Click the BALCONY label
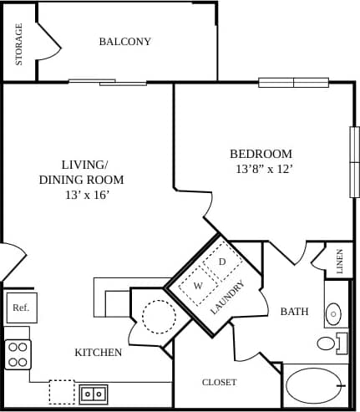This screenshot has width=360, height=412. pyautogui.click(x=124, y=42)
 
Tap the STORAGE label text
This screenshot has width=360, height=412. pyautogui.click(x=19, y=43)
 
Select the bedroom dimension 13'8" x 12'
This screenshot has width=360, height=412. pyautogui.click(x=264, y=169)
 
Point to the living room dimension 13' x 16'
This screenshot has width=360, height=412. pyautogui.click(x=81, y=195)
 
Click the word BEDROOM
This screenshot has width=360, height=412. pyautogui.click(x=261, y=154)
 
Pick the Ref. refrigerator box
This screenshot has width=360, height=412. pyautogui.click(x=21, y=308)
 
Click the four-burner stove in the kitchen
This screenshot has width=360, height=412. pyautogui.click(x=18, y=354)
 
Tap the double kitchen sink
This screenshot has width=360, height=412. pyautogui.click(x=93, y=392)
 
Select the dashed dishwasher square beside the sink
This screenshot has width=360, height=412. pyautogui.click(x=61, y=391)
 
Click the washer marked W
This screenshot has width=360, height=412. pyautogui.click(x=199, y=286)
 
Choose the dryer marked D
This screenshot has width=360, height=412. pyautogui.click(x=222, y=262)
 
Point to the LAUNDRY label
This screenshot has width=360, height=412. pyautogui.click(x=227, y=297)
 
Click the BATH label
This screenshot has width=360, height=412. pyautogui.click(x=294, y=312)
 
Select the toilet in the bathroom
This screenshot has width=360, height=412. pyautogui.click(x=328, y=343)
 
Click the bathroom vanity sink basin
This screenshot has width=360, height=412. pyautogui.click(x=333, y=314)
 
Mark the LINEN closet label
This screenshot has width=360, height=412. pyautogui.click(x=339, y=262)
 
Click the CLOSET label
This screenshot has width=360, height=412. pyautogui.click(x=219, y=382)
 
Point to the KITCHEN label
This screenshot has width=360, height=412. pyautogui.click(x=99, y=353)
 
